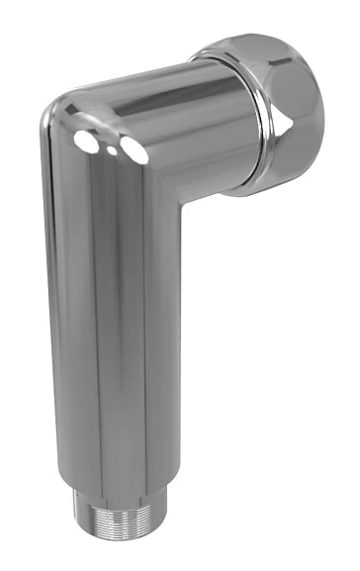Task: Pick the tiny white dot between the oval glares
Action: (112, 146)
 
